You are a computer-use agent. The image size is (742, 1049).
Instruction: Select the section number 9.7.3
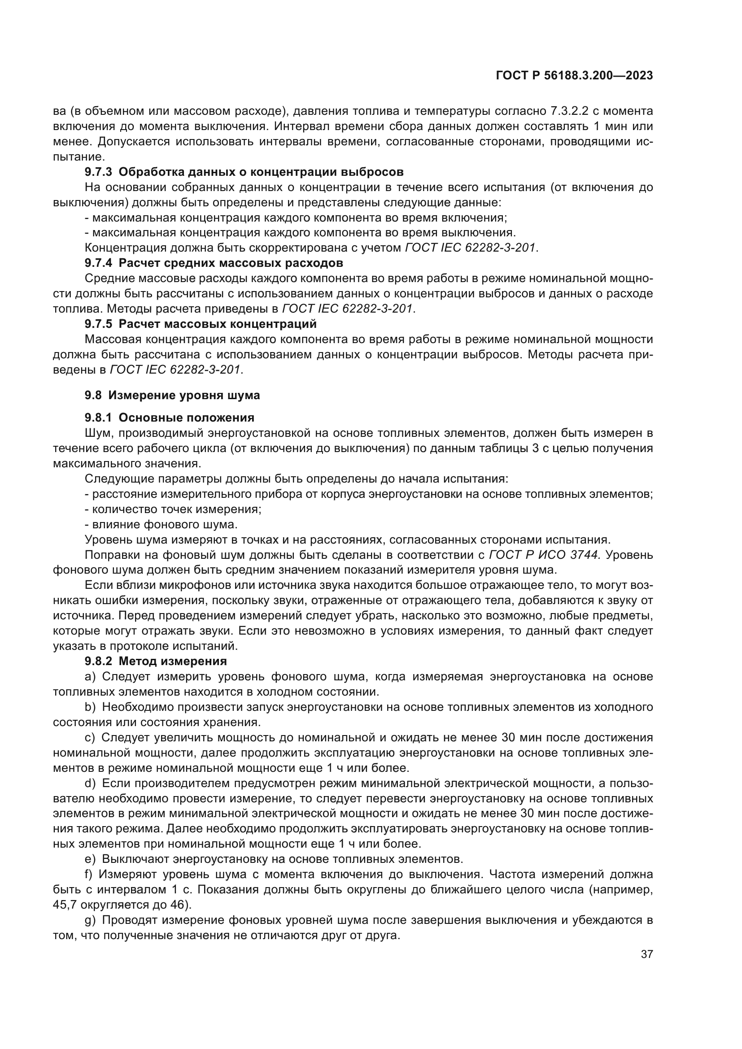(98, 172)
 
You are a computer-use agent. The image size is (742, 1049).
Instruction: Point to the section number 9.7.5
(98, 324)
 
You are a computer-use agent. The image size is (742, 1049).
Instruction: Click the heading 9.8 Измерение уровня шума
(172, 395)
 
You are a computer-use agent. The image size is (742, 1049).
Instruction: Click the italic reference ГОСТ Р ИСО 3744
(543, 555)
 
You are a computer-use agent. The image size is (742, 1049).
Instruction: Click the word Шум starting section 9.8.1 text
(96, 433)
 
